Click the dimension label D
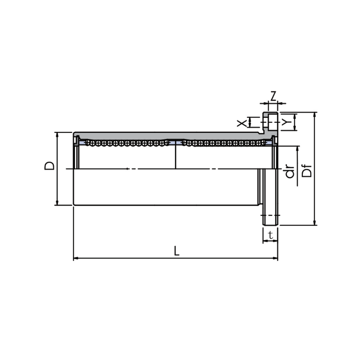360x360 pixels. pyautogui.click(x=49, y=166)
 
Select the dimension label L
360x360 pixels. pyautogui.click(x=176, y=251)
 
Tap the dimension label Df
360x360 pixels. pyautogui.click(x=307, y=171)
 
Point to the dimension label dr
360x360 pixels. pyautogui.click(x=289, y=172)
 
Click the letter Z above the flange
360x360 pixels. pyautogui.click(x=273, y=96)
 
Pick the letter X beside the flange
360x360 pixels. pyautogui.click(x=242, y=123)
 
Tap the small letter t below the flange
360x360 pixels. pyautogui.click(x=271, y=235)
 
